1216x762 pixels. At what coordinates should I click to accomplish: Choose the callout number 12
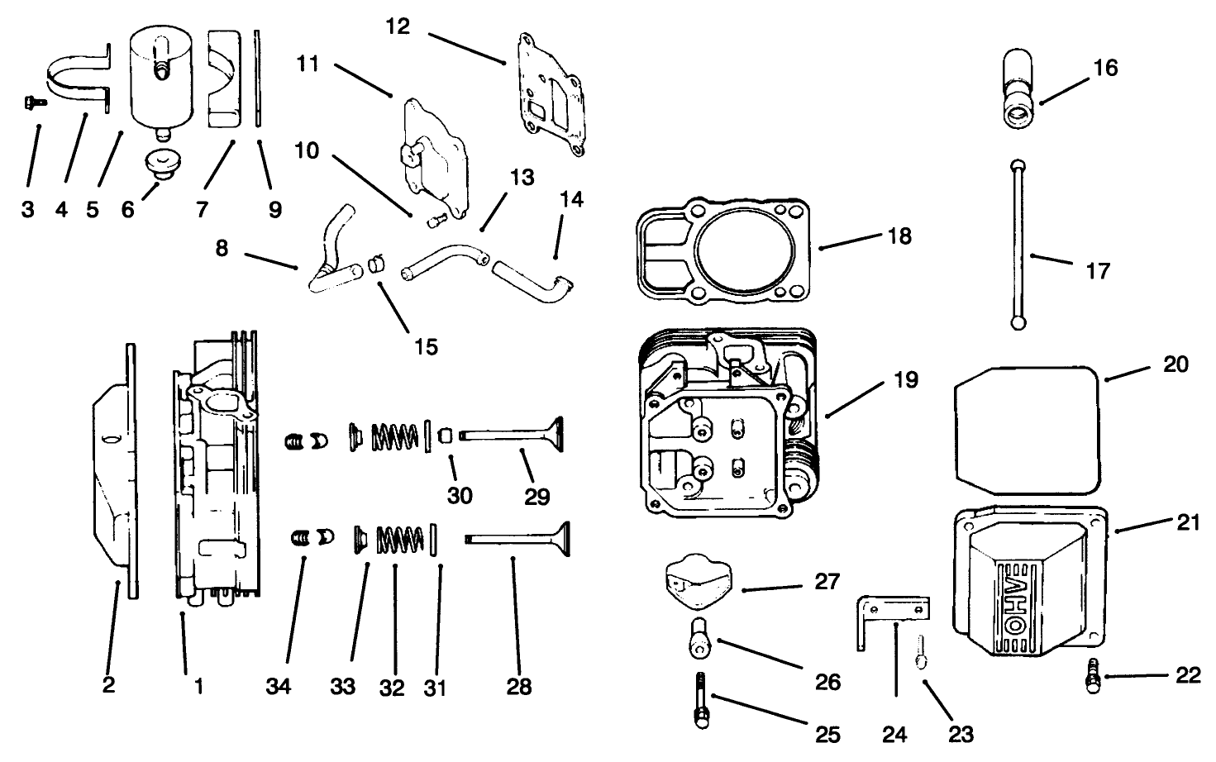(x=398, y=26)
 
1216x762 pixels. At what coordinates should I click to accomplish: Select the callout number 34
(x=279, y=687)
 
